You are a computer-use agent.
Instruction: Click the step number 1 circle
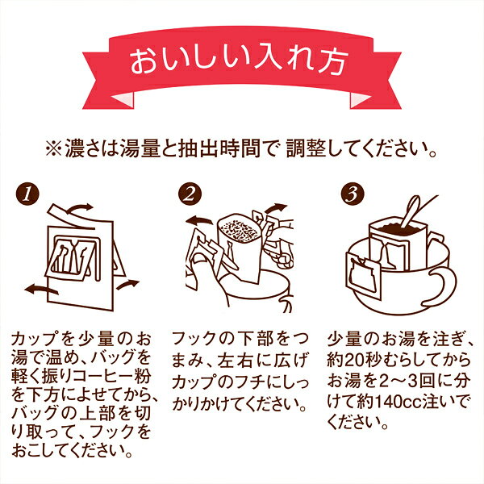pyautogui.click(x=27, y=194)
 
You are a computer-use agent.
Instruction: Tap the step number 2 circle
pyautogui.click(x=190, y=194)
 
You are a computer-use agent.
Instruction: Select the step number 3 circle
pyautogui.click(x=353, y=194)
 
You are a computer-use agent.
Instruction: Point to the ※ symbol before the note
pyautogui.click(x=54, y=148)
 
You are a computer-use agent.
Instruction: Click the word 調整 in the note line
pyautogui.click(x=306, y=148)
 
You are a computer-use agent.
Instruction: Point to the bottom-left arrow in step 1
pyautogui.click(x=40, y=290)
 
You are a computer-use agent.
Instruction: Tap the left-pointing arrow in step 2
pyautogui.click(x=198, y=220)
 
